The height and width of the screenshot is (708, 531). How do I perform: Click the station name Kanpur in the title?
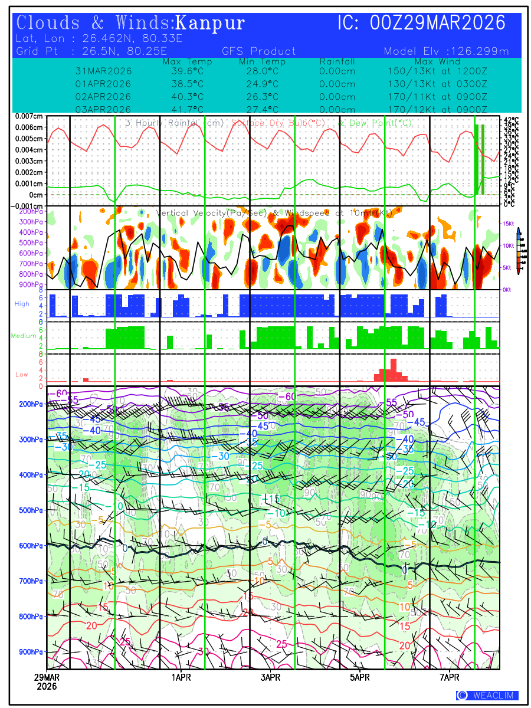[210, 24]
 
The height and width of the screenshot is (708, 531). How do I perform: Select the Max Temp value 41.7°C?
[181, 110]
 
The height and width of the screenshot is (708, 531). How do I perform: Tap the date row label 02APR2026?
[103, 97]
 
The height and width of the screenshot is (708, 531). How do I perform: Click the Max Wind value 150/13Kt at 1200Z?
[434, 71]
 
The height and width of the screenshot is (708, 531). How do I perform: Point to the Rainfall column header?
[337, 61]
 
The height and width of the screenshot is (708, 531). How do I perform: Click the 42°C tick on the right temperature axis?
[511, 120]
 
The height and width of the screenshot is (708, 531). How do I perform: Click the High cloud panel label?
[22, 303]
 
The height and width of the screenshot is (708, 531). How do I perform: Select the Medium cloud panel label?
[24, 336]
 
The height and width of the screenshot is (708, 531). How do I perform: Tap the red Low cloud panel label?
[22, 374]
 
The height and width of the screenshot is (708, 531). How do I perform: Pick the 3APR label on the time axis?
[270, 677]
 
